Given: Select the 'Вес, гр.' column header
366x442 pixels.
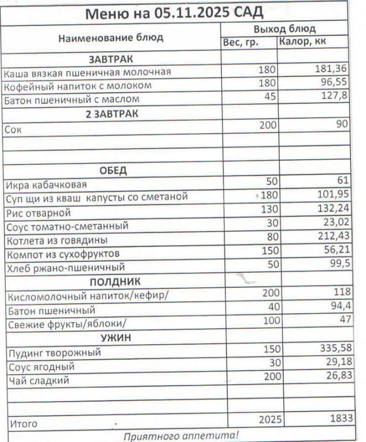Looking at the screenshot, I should pyautogui.click(x=241, y=42).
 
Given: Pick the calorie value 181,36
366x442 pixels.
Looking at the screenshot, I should pyautogui.click(x=331, y=71).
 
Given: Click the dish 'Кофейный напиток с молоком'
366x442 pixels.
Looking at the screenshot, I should pyautogui.click(x=77, y=86).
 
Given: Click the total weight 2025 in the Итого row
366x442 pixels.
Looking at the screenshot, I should pyautogui.click(x=268, y=420).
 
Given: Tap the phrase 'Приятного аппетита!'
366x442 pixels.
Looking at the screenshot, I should pyautogui.click(x=181, y=435).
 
